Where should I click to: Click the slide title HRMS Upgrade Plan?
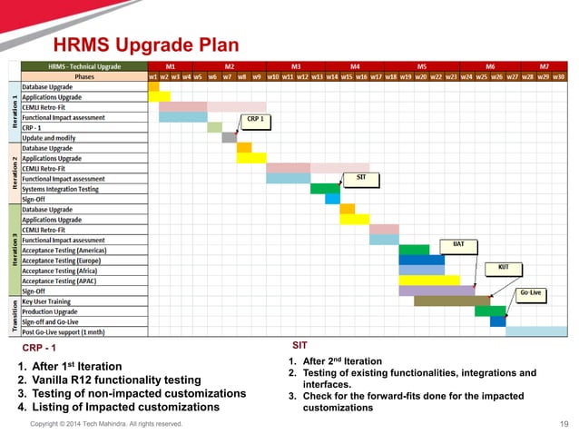click(x=145, y=44)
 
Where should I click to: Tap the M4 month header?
click(x=355, y=67)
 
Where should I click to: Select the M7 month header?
click(x=544, y=67)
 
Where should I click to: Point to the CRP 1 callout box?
click(x=255, y=119)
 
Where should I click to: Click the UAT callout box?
click(x=458, y=244)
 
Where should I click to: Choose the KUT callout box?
click(x=504, y=267)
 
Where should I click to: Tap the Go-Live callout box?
click(x=531, y=292)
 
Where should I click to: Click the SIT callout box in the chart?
click(x=360, y=176)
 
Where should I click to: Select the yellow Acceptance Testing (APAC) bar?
click(x=428, y=281)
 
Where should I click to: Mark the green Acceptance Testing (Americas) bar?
click(x=414, y=250)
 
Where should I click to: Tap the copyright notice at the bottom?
click(x=107, y=424)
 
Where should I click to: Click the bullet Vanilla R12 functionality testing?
click(x=109, y=380)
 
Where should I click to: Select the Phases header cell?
click(x=83, y=77)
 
